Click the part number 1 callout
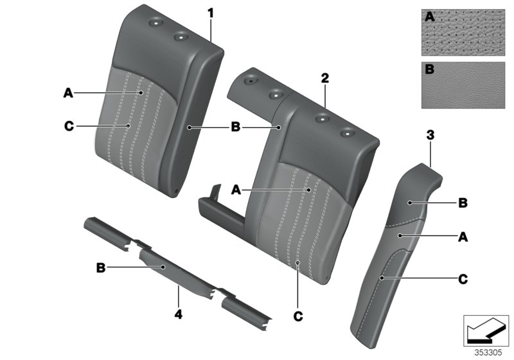pos(209,12)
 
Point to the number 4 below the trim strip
pos(179,314)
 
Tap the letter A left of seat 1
pos(68,93)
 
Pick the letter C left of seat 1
pos(68,126)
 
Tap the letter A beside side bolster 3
pos(463,237)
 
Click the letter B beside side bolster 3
pos(463,203)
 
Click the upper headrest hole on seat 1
pos(155,24)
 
